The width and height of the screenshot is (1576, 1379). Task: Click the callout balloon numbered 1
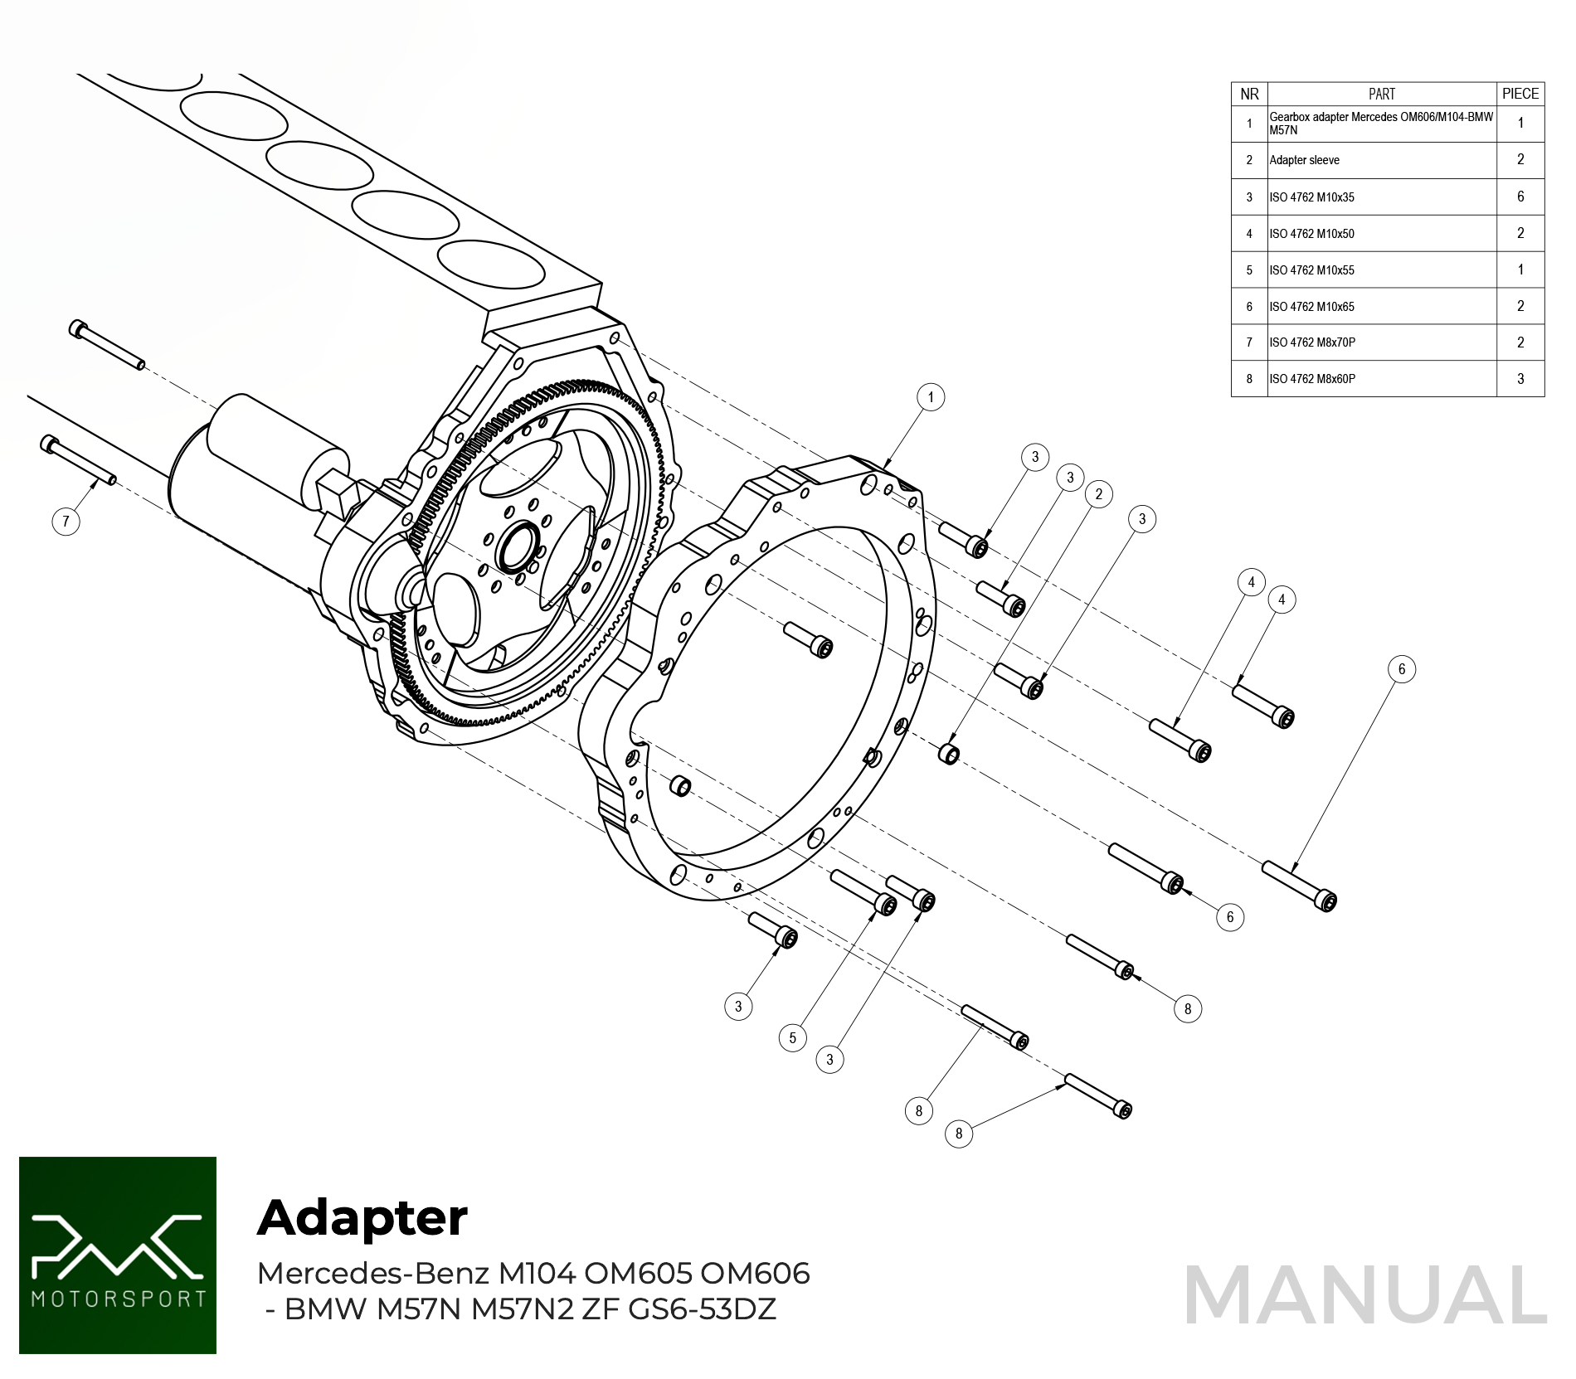coord(931,397)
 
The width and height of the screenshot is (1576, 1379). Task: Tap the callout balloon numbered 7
coord(66,522)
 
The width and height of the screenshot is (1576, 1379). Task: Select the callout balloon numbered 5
coord(792,1037)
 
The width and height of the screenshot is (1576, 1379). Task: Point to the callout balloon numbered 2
coord(1099,494)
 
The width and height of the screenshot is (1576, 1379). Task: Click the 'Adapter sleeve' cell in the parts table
coord(1381,160)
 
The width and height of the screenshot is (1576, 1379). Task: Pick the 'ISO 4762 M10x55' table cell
coord(1381,270)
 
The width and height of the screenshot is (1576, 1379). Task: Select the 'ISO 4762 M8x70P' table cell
coord(1381,342)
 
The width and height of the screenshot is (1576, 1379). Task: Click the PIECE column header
coord(1520,94)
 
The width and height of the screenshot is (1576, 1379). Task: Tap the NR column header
coord(1249,94)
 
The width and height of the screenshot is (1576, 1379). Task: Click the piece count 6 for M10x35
coord(1520,197)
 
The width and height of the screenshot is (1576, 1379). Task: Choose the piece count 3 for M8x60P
coord(1520,379)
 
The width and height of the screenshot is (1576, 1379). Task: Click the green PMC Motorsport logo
coord(118,1255)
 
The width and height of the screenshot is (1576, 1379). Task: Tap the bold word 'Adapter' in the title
coord(362,1217)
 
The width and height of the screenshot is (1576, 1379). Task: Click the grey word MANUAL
coord(1365,1294)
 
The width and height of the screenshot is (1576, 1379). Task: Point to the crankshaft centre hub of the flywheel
coord(518,546)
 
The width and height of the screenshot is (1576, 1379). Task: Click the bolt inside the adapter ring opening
coord(810,639)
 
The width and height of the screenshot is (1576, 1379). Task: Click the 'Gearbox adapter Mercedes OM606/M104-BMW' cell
coord(1381,124)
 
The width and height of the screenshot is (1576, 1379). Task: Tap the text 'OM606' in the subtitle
coord(755,1273)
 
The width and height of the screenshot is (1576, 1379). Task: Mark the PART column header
coord(1381,94)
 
